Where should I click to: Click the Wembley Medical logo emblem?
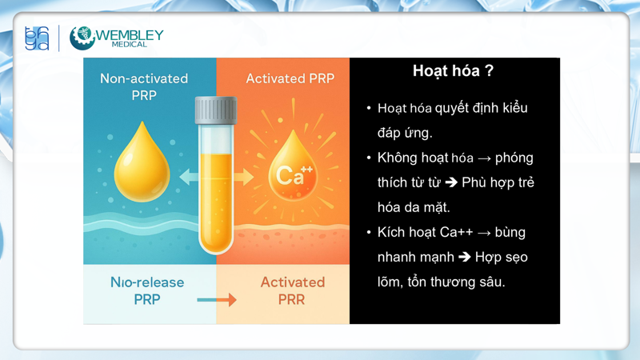82,38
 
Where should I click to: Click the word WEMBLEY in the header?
130,34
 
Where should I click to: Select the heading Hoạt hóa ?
453,71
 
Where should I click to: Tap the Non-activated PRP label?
144,86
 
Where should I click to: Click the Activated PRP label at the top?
290,78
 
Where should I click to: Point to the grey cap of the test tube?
215,110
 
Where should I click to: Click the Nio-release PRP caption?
147,290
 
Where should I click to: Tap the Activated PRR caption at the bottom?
292,290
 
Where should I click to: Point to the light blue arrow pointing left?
189,176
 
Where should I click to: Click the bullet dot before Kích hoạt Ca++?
369,233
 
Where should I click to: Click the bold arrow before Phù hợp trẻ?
450,182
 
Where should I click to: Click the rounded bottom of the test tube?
215,240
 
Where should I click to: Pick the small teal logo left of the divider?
37,38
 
